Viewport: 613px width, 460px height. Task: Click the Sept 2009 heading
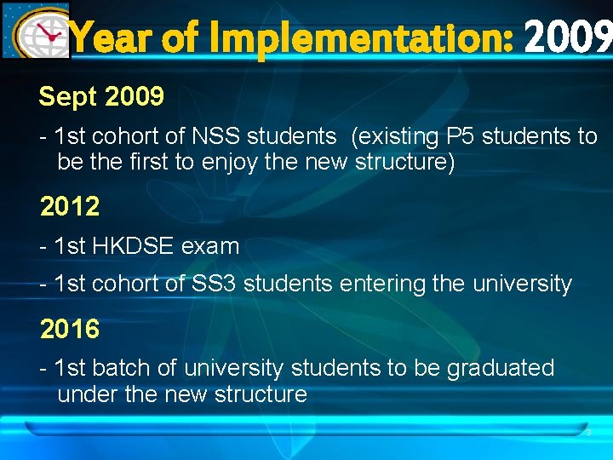(101, 97)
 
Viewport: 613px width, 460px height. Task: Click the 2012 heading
(70, 206)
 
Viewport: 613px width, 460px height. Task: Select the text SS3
(215, 284)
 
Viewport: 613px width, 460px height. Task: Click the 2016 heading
(70, 329)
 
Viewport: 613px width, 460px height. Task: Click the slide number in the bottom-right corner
(587, 433)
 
